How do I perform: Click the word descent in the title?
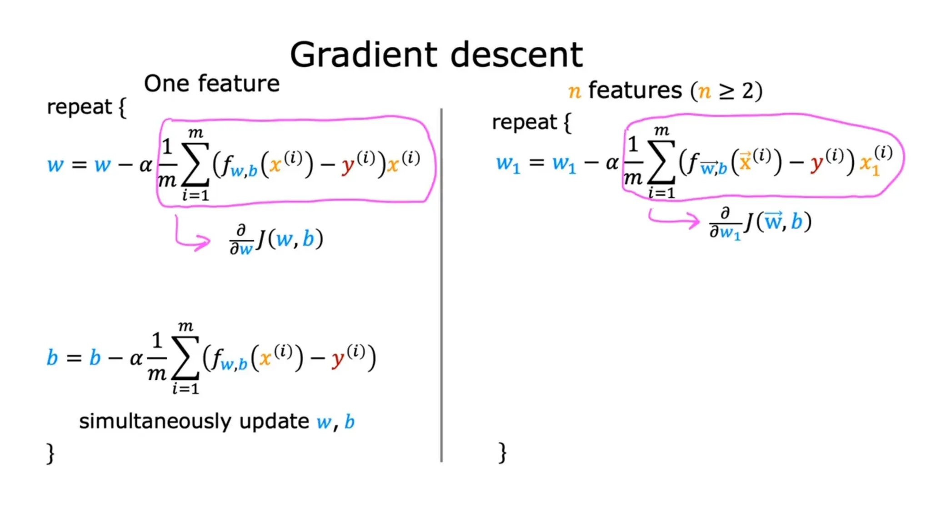[516, 55]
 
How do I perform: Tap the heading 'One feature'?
[211, 84]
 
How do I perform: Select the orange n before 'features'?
[575, 91]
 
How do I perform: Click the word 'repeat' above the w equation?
[79, 107]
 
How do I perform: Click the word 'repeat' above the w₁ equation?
[524, 122]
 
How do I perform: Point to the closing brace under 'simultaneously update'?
[50, 453]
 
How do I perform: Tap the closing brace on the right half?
[502, 453]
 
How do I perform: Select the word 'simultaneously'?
[155, 422]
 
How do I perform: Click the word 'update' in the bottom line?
[274, 422]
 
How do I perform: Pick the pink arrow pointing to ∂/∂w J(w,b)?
[192, 237]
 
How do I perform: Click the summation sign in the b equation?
[185, 358]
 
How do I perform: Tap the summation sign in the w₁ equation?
[661, 161]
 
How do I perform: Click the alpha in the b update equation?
[135, 359]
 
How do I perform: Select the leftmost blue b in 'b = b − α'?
[52, 358]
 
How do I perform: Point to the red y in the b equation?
[338, 359]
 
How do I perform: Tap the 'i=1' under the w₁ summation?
[661, 193]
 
